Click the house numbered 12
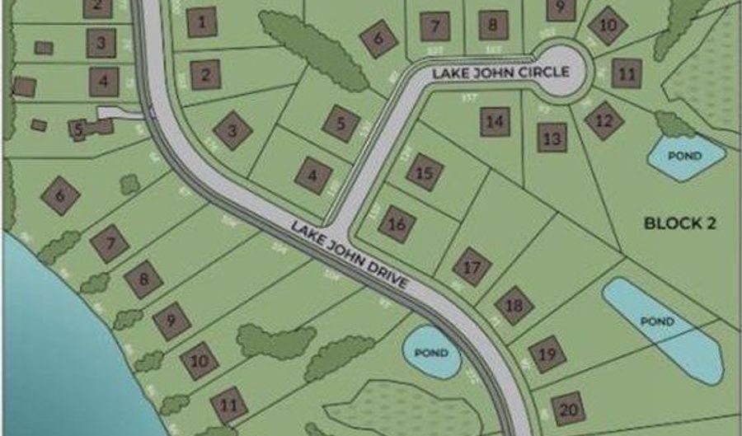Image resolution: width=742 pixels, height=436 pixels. (x=603, y=121)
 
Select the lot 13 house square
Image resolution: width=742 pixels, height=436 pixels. (x=552, y=137)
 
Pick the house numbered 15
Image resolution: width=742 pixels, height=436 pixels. (x=425, y=173)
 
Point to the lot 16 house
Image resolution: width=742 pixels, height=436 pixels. (x=397, y=224)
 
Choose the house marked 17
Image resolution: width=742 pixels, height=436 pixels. (x=472, y=267)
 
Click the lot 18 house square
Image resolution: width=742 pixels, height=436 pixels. (x=514, y=306)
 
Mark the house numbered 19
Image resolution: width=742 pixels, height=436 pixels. (x=547, y=354)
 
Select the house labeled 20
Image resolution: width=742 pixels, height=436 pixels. (x=567, y=409)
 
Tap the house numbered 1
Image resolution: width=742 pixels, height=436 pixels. (x=201, y=21)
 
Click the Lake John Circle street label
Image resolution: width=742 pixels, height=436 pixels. (x=502, y=73)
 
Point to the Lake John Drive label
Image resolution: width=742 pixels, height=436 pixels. (x=350, y=253)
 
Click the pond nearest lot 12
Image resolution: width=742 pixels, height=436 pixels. (x=686, y=157)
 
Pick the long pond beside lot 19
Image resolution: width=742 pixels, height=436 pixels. (x=660, y=321)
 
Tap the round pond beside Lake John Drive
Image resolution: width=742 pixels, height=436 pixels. (x=430, y=353)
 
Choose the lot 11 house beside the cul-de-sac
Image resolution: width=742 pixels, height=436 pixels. (x=627, y=73)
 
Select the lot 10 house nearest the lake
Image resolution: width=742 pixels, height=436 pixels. (x=200, y=361)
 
